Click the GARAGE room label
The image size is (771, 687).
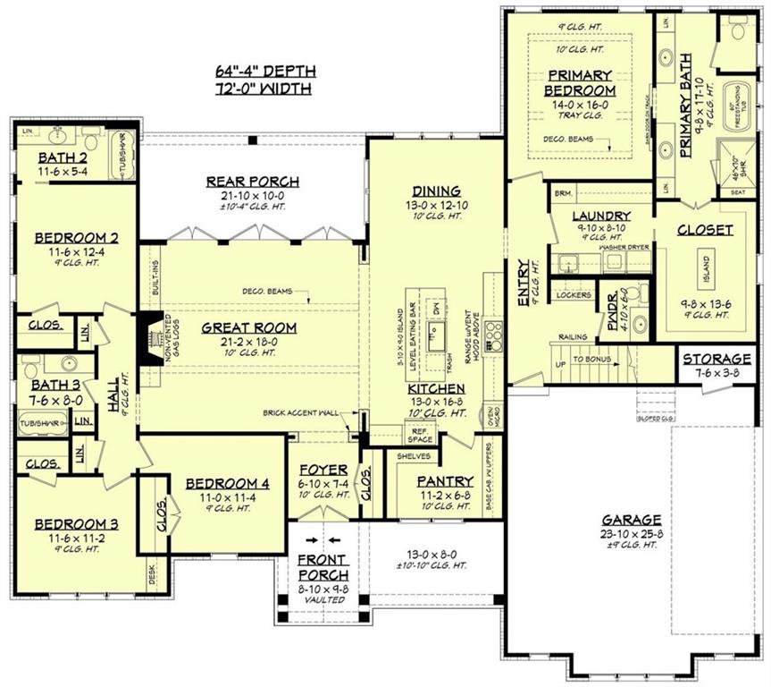tap(631, 520)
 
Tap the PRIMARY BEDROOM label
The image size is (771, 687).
tap(582, 83)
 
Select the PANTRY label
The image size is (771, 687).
tap(445, 481)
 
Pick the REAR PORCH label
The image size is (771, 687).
tap(252, 182)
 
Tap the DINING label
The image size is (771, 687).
tap(436, 191)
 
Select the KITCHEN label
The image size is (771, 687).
tap(436, 389)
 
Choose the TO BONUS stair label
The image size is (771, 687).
tap(591, 359)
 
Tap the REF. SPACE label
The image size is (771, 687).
tap(420, 436)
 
